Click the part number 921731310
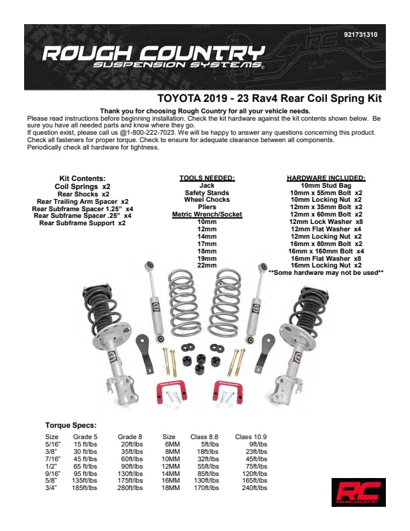pyautogui.click(x=360, y=35)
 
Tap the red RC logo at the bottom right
pyautogui.click(x=358, y=492)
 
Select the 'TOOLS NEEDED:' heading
pyautogui.click(x=207, y=178)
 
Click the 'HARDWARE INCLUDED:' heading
pyautogui.click(x=326, y=178)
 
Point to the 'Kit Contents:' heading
pyautogui.click(x=82, y=178)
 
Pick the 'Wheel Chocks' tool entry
pyautogui.click(x=207, y=200)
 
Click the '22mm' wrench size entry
pyautogui.click(x=207, y=265)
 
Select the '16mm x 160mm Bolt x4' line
pyautogui.click(x=326, y=251)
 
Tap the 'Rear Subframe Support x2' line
pyautogui.click(x=82, y=223)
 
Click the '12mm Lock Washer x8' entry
pyautogui.click(x=326, y=222)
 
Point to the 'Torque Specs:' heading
pyautogui.click(x=71, y=425)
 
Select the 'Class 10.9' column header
pyautogui.click(x=251, y=437)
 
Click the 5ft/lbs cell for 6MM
pyautogui.click(x=210, y=445)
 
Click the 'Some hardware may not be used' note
pyautogui.click(x=326, y=273)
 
